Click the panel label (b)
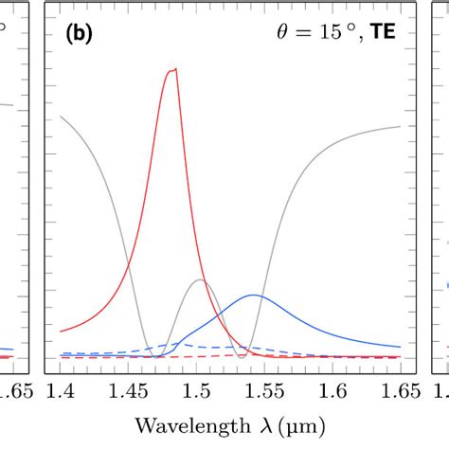click(79, 33)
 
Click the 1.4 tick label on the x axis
click(62, 388)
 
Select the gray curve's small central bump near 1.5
click(199, 279)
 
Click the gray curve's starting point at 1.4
click(62, 117)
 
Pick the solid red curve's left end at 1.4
click(62, 332)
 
